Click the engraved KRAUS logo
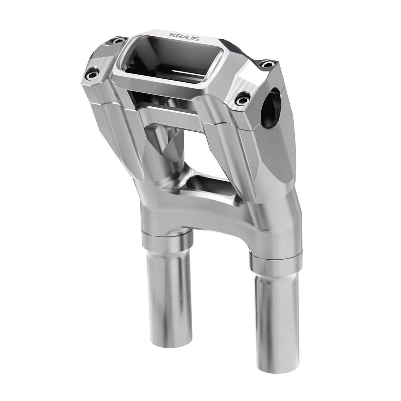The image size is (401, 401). tap(185, 37)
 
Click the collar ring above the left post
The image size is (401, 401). tap(167, 241)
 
